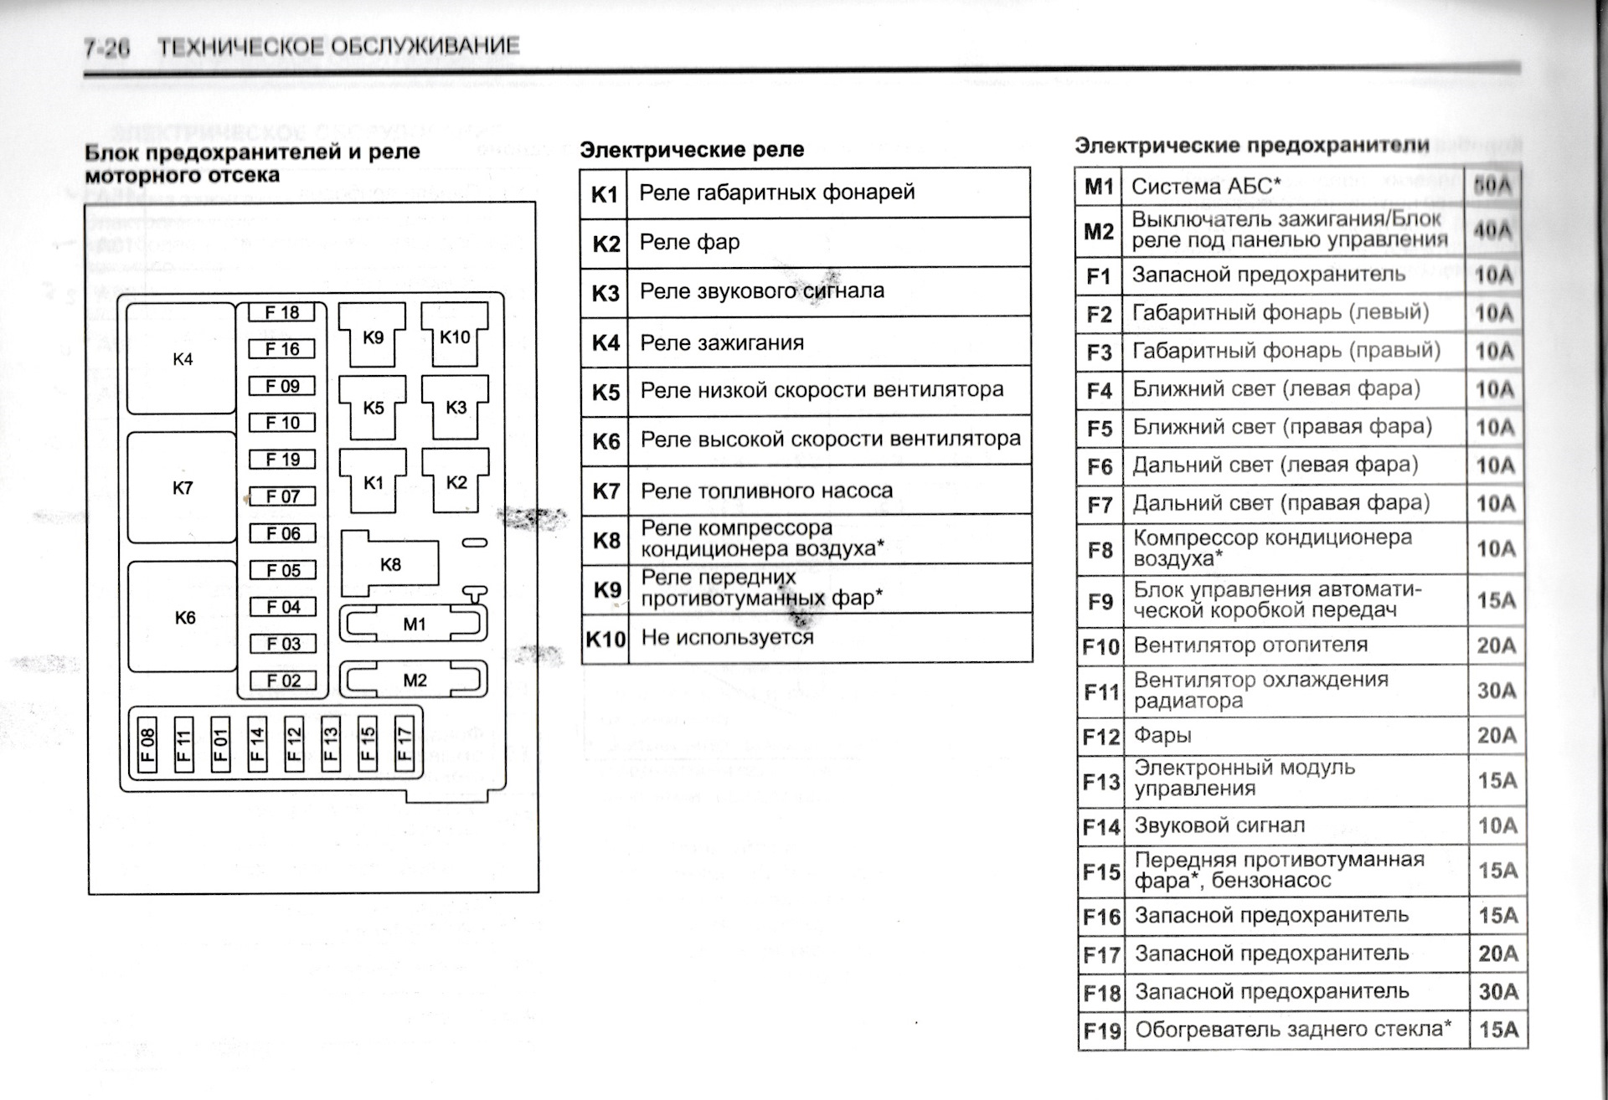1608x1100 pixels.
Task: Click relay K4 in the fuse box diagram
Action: [x=182, y=359]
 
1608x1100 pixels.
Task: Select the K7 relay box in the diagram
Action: [x=182, y=488]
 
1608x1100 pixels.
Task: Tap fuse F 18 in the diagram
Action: [x=282, y=313]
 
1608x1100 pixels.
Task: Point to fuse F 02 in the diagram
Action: [x=283, y=681]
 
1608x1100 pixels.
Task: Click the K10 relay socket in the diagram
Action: [x=455, y=336]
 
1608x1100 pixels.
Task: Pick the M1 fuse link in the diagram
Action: [x=414, y=624]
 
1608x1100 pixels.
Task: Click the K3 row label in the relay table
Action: [x=605, y=293]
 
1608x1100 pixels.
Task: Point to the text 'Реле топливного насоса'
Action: [x=766, y=491]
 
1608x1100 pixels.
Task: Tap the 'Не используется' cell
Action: [x=727, y=637]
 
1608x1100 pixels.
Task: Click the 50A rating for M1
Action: [x=1492, y=186]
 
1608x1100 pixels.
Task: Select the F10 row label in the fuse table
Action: [x=1100, y=646]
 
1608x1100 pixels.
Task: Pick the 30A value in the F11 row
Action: [x=1496, y=691]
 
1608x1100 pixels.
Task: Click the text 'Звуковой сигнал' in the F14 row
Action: [x=1219, y=825]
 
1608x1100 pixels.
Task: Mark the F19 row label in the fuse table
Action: [x=1100, y=1030]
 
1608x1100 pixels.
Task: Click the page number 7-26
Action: [x=107, y=48]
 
